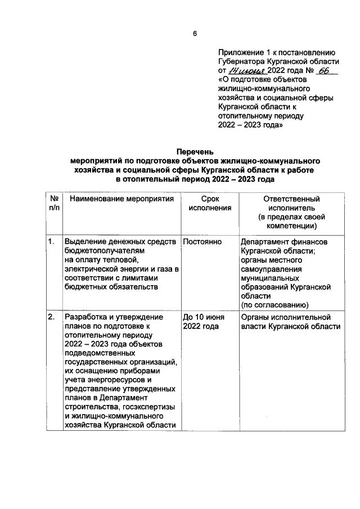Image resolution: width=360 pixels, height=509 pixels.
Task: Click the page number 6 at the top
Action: (195, 33)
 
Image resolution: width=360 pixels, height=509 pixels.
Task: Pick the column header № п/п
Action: (55, 203)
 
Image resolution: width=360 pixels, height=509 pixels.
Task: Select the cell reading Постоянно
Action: (202, 242)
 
